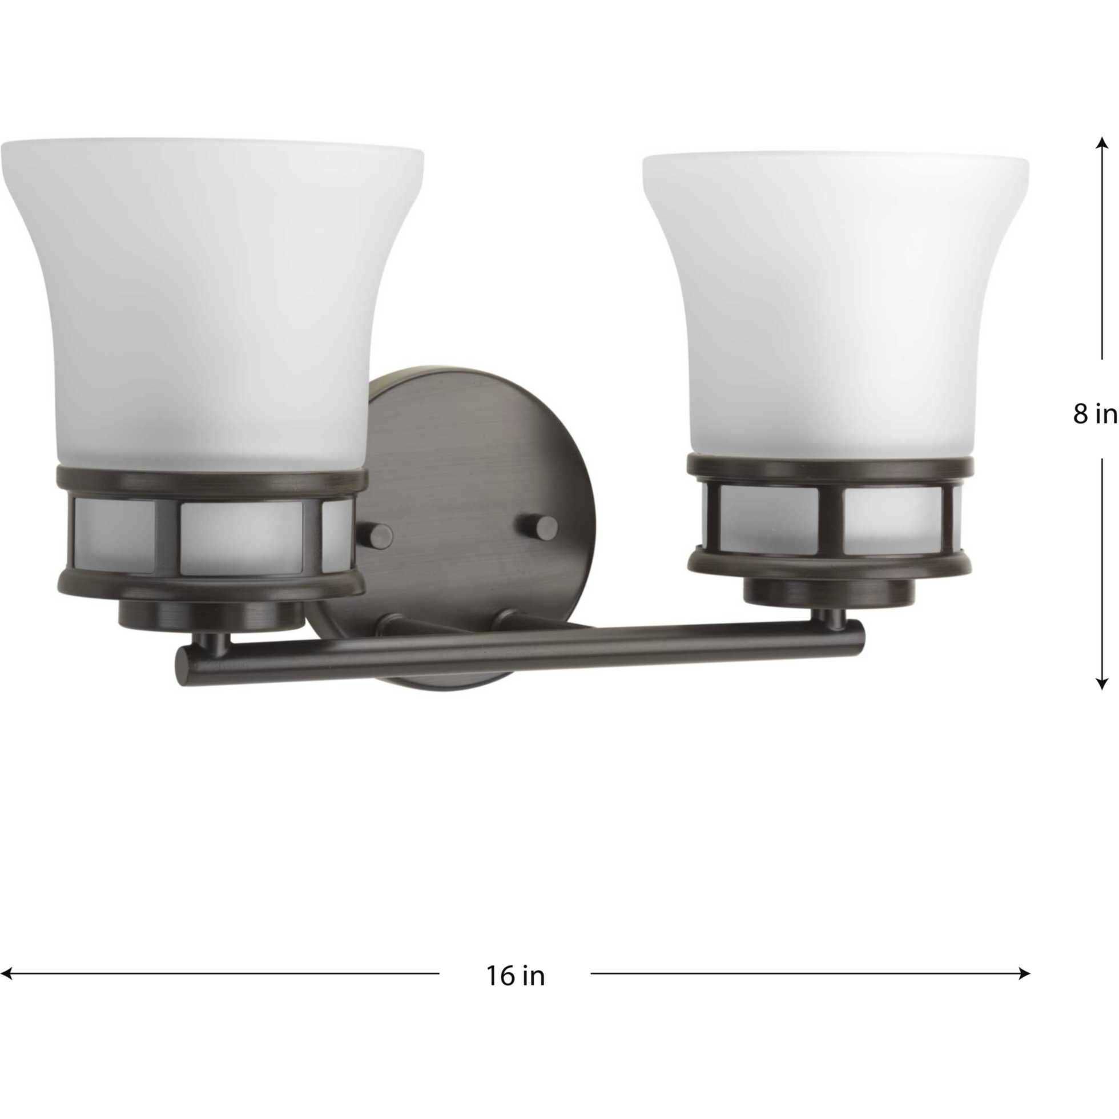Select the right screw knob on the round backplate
point(545,527)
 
